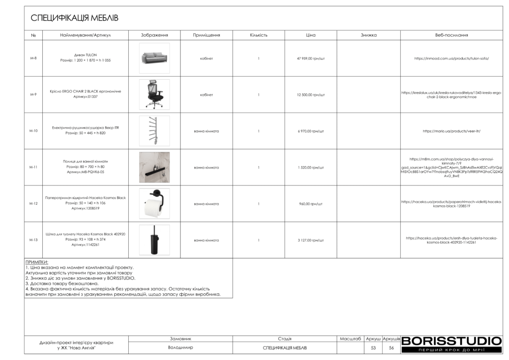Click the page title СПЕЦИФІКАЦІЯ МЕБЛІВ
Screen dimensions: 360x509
coord(75,18)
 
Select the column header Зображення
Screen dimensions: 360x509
coord(154,35)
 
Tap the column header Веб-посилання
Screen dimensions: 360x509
coord(451,35)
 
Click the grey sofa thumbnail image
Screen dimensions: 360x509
coord(154,58)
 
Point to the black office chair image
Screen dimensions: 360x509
coord(154,94)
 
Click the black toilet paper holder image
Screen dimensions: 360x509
coord(154,203)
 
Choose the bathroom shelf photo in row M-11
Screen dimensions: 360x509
coord(154,167)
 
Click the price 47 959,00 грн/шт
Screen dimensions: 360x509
coord(311,58)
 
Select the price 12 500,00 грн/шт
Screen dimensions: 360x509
coord(311,94)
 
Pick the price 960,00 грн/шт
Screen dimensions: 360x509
coord(311,204)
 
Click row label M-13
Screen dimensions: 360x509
coord(33,240)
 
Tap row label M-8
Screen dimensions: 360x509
coord(33,58)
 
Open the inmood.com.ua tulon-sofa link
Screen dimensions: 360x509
coord(451,58)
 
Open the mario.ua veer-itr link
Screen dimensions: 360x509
coord(451,131)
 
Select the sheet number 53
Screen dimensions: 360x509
coord(373,348)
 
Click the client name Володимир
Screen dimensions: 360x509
coord(180,348)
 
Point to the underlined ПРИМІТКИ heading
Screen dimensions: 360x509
coord(37,262)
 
